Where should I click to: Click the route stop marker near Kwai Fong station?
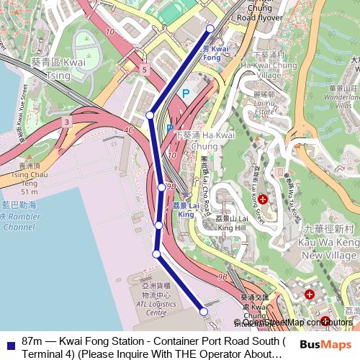(210, 29)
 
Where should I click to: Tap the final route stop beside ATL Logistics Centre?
(204, 312)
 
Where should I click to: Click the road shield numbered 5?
(145, 70)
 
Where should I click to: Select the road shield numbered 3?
(66, 123)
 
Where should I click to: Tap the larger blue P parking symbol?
(185, 94)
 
